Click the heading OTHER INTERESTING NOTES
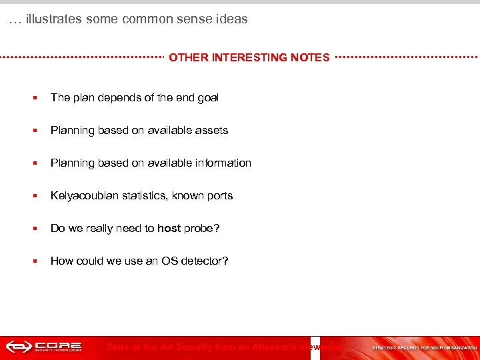coord(249,57)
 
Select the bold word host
coord(169,228)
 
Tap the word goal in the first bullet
coord(207,97)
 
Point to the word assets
coord(211,130)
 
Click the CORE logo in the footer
coord(44,347)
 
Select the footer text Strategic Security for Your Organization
coord(424,347)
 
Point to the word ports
coord(219,195)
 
